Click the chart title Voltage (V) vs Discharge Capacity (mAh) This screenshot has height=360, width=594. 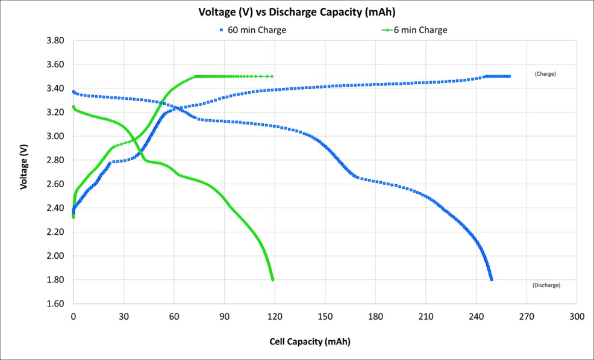(x=296, y=11)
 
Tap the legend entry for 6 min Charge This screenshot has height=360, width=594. (x=420, y=29)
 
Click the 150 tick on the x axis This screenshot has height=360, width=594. (x=325, y=317)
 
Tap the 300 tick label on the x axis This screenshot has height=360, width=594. (x=577, y=317)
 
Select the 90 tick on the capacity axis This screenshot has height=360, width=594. (x=225, y=317)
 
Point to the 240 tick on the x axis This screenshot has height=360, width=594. (x=477, y=317)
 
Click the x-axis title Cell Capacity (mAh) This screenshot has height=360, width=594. (x=309, y=341)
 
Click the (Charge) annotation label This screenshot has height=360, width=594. (x=545, y=74)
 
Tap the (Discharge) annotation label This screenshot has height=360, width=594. (x=546, y=285)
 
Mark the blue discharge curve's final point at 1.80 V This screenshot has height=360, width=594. (x=492, y=279)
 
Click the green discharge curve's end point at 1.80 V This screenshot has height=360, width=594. (x=273, y=279)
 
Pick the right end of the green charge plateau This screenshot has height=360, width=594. (x=272, y=76)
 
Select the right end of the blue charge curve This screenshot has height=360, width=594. (x=509, y=76)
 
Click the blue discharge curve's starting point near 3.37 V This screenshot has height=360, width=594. (x=73, y=92)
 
